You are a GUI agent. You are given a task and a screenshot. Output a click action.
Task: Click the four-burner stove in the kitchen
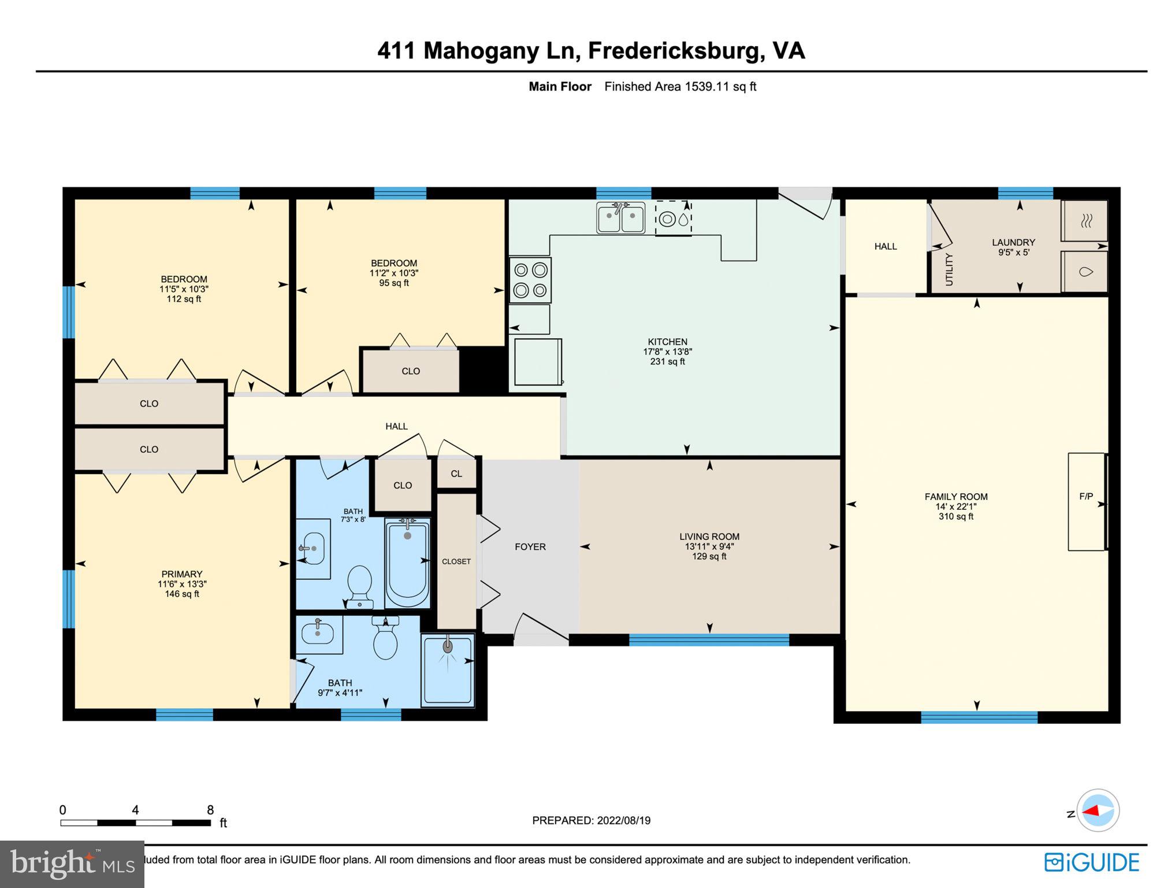pos(530,280)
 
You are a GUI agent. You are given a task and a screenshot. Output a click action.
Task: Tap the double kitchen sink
pos(621,218)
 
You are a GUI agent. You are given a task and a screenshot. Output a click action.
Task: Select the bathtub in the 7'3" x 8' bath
pos(407,564)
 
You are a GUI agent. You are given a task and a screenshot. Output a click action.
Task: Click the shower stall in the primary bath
pos(448,669)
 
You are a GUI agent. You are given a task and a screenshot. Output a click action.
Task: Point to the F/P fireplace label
pos(1086,496)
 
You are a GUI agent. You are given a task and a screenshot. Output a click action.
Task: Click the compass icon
pos(1098,811)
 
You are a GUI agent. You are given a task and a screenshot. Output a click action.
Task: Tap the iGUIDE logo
pos(1092,863)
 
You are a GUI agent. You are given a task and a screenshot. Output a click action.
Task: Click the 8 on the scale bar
pos(210,810)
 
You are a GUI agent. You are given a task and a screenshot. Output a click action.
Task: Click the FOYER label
pos(530,547)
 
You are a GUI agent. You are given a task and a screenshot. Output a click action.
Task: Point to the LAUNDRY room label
pos(1013,242)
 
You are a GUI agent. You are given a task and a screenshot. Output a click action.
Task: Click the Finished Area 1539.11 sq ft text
pos(680,87)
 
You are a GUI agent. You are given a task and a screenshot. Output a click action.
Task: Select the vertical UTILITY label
pos(948,269)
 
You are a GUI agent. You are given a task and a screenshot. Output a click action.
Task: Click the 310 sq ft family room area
pos(955,516)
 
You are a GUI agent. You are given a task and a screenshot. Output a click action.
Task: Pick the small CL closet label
pos(456,473)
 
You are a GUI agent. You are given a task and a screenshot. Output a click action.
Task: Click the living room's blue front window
pos(709,639)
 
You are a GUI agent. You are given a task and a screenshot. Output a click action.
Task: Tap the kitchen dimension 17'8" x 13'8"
pos(667,351)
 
